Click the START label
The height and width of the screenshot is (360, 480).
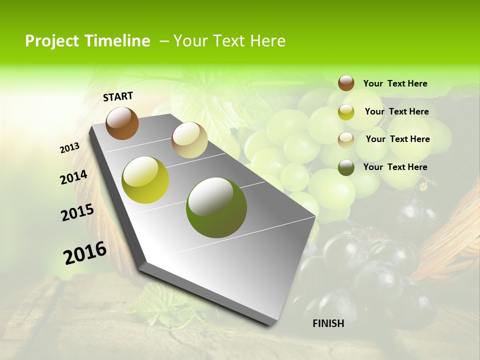118,96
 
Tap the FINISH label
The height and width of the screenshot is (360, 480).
328,323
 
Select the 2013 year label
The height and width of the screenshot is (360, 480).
70,148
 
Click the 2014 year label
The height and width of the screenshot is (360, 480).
74,177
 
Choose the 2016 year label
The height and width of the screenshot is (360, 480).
85,253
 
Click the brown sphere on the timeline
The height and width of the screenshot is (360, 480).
122,123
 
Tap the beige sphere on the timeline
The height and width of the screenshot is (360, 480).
189,139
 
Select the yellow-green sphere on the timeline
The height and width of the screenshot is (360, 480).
145,180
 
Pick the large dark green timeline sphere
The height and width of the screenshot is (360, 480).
216,207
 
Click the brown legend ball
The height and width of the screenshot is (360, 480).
346,83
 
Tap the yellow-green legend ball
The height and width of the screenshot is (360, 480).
346,111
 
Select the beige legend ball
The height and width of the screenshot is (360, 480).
346,139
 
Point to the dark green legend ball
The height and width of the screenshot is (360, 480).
346,167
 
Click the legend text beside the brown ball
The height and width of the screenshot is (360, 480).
395,83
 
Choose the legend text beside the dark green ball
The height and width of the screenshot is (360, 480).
395,167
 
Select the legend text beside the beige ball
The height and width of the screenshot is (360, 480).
397,139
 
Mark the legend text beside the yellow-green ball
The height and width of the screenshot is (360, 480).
396,111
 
